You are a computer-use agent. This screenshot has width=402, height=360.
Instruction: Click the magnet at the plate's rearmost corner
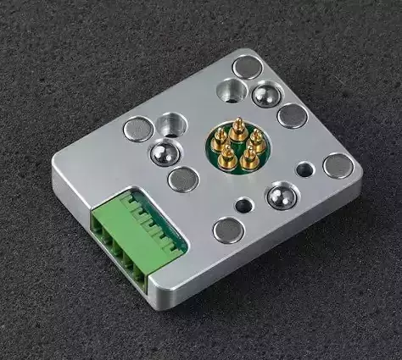248,66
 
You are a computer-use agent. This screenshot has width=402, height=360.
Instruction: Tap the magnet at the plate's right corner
338,165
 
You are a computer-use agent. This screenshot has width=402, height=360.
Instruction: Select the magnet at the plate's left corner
138,129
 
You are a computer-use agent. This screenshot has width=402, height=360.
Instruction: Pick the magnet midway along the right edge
292,115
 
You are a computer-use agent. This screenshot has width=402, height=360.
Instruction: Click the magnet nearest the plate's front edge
228,229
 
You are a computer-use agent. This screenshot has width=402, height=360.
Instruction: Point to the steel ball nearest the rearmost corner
267,93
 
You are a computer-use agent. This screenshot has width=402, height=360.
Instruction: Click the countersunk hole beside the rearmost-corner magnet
230,89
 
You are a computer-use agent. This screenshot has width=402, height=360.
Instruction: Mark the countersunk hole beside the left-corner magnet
170,124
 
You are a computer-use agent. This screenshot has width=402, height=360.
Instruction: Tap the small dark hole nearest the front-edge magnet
244,204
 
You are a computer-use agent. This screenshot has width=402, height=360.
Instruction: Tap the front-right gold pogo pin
248,156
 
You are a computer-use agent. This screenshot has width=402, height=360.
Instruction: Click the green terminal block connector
136,229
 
